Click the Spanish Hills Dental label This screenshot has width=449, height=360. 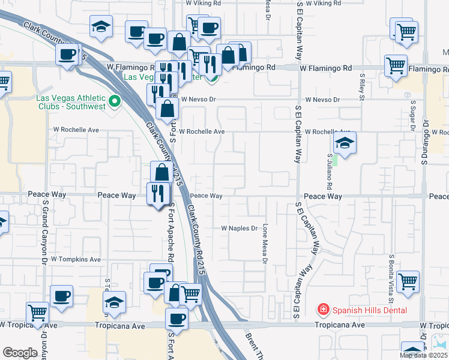[x=369, y=310]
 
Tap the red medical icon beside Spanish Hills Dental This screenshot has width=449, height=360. [x=324, y=310]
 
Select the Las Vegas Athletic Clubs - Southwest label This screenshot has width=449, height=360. [x=71, y=102]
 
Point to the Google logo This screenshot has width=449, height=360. [x=20, y=352]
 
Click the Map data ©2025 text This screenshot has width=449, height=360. [x=423, y=355]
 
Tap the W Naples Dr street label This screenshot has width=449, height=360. [x=239, y=229]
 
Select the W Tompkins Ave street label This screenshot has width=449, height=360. [x=76, y=259]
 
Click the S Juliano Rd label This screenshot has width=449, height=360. [x=330, y=170]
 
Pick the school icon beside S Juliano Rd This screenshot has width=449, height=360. [x=345, y=143]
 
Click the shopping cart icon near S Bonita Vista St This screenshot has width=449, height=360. [x=408, y=281]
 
